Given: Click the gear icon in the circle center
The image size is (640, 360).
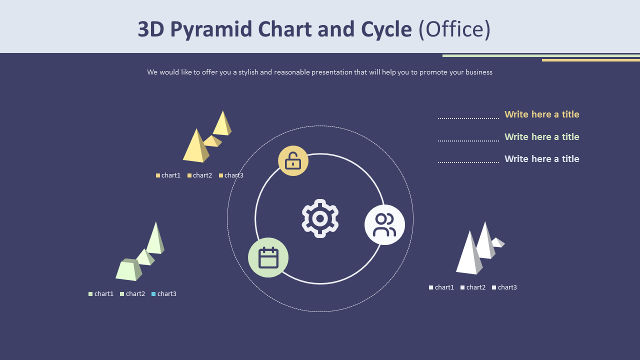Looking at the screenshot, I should click(320, 218).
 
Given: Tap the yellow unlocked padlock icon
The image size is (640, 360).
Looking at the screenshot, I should click(293, 161).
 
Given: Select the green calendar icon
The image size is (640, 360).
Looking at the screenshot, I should click(268, 257).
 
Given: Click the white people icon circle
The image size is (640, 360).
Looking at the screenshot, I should click(384, 224).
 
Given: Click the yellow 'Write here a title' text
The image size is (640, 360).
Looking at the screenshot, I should click(541, 114).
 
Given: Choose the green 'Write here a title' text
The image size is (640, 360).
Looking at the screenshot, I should click(541, 137).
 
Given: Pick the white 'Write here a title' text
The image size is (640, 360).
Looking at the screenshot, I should click(541, 159).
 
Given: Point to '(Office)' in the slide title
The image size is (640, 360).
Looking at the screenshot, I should click(454, 29).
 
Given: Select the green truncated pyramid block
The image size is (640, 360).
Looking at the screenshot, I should click(128, 270).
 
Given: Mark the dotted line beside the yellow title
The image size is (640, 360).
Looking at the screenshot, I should click(468, 118).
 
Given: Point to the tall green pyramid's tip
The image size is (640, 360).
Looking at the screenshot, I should click(156, 223).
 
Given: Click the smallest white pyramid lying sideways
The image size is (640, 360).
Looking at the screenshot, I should click(498, 242).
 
